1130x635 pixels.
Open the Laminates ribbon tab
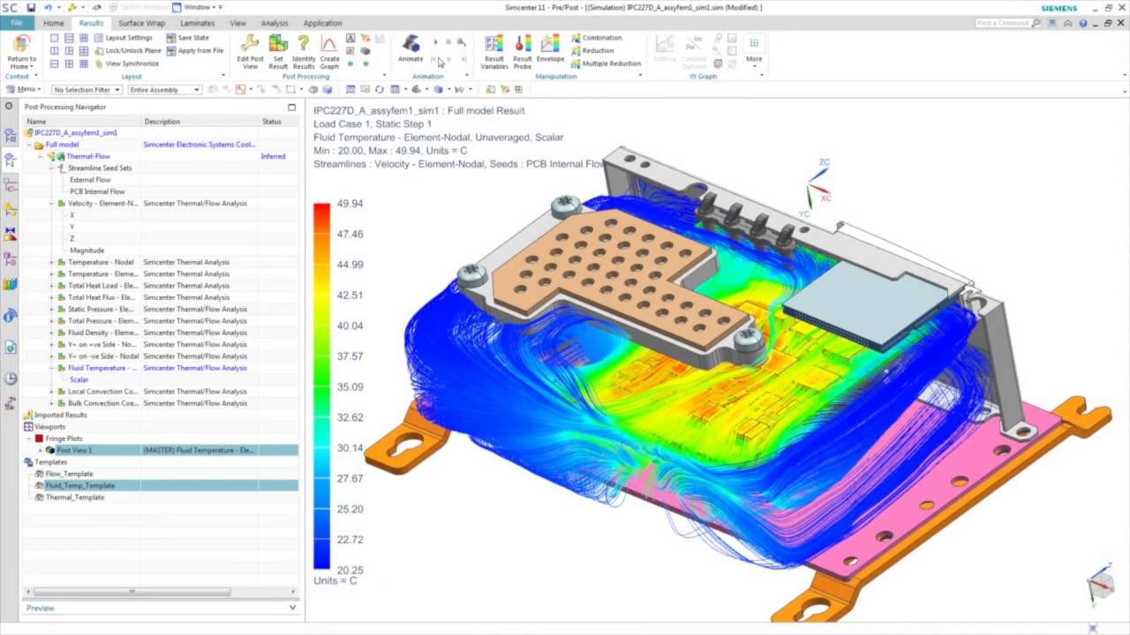(197, 23)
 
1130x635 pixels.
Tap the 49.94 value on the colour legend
(350, 204)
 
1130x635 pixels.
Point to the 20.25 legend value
(350, 570)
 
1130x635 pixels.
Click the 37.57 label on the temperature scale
(350, 356)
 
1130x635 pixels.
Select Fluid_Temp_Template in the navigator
(79, 485)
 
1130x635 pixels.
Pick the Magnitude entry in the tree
(87, 250)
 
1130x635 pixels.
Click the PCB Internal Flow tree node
(97, 191)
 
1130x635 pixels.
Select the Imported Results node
(60, 415)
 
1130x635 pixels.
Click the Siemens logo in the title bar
(1058, 8)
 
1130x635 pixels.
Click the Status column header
(271, 122)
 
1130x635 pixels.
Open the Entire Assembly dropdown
(164, 90)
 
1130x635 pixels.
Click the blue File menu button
(17, 23)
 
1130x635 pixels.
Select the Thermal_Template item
(75, 497)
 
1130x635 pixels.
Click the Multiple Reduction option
(611, 63)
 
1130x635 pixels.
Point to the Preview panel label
(40, 608)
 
